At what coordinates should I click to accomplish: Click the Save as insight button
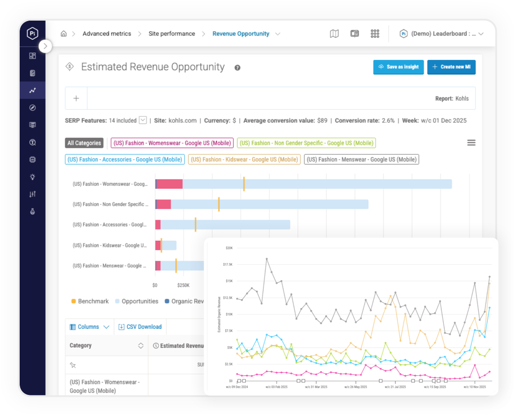pyautogui.click(x=398, y=67)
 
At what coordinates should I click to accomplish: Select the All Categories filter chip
pyautogui.click(x=84, y=143)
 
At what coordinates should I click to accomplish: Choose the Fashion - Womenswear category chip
pyautogui.click(x=172, y=143)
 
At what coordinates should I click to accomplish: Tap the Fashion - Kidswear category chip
pyautogui.click(x=244, y=160)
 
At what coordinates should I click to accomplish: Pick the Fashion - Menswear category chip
pyautogui.click(x=361, y=160)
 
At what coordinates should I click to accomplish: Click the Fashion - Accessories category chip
pyautogui.click(x=125, y=160)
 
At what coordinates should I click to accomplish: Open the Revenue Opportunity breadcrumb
pyautogui.click(x=241, y=34)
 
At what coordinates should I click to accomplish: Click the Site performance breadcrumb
pyautogui.click(x=172, y=34)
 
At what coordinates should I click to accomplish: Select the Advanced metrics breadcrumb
pyautogui.click(x=107, y=34)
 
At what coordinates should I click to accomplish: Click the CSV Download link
pyautogui.click(x=140, y=327)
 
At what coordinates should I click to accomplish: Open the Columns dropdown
pyautogui.click(x=89, y=327)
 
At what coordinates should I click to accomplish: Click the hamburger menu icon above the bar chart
pyautogui.click(x=471, y=143)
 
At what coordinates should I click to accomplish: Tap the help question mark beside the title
pyautogui.click(x=237, y=68)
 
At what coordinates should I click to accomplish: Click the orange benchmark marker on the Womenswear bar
pyautogui.click(x=244, y=184)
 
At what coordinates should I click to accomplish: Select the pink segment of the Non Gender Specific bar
pyautogui.click(x=163, y=204)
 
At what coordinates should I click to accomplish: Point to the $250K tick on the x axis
pyautogui.click(x=183, y=285)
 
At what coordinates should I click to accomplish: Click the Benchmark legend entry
pyautogui.click(x=90, y=301)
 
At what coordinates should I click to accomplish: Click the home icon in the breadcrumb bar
pyautogui.click(x=64, y=34)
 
